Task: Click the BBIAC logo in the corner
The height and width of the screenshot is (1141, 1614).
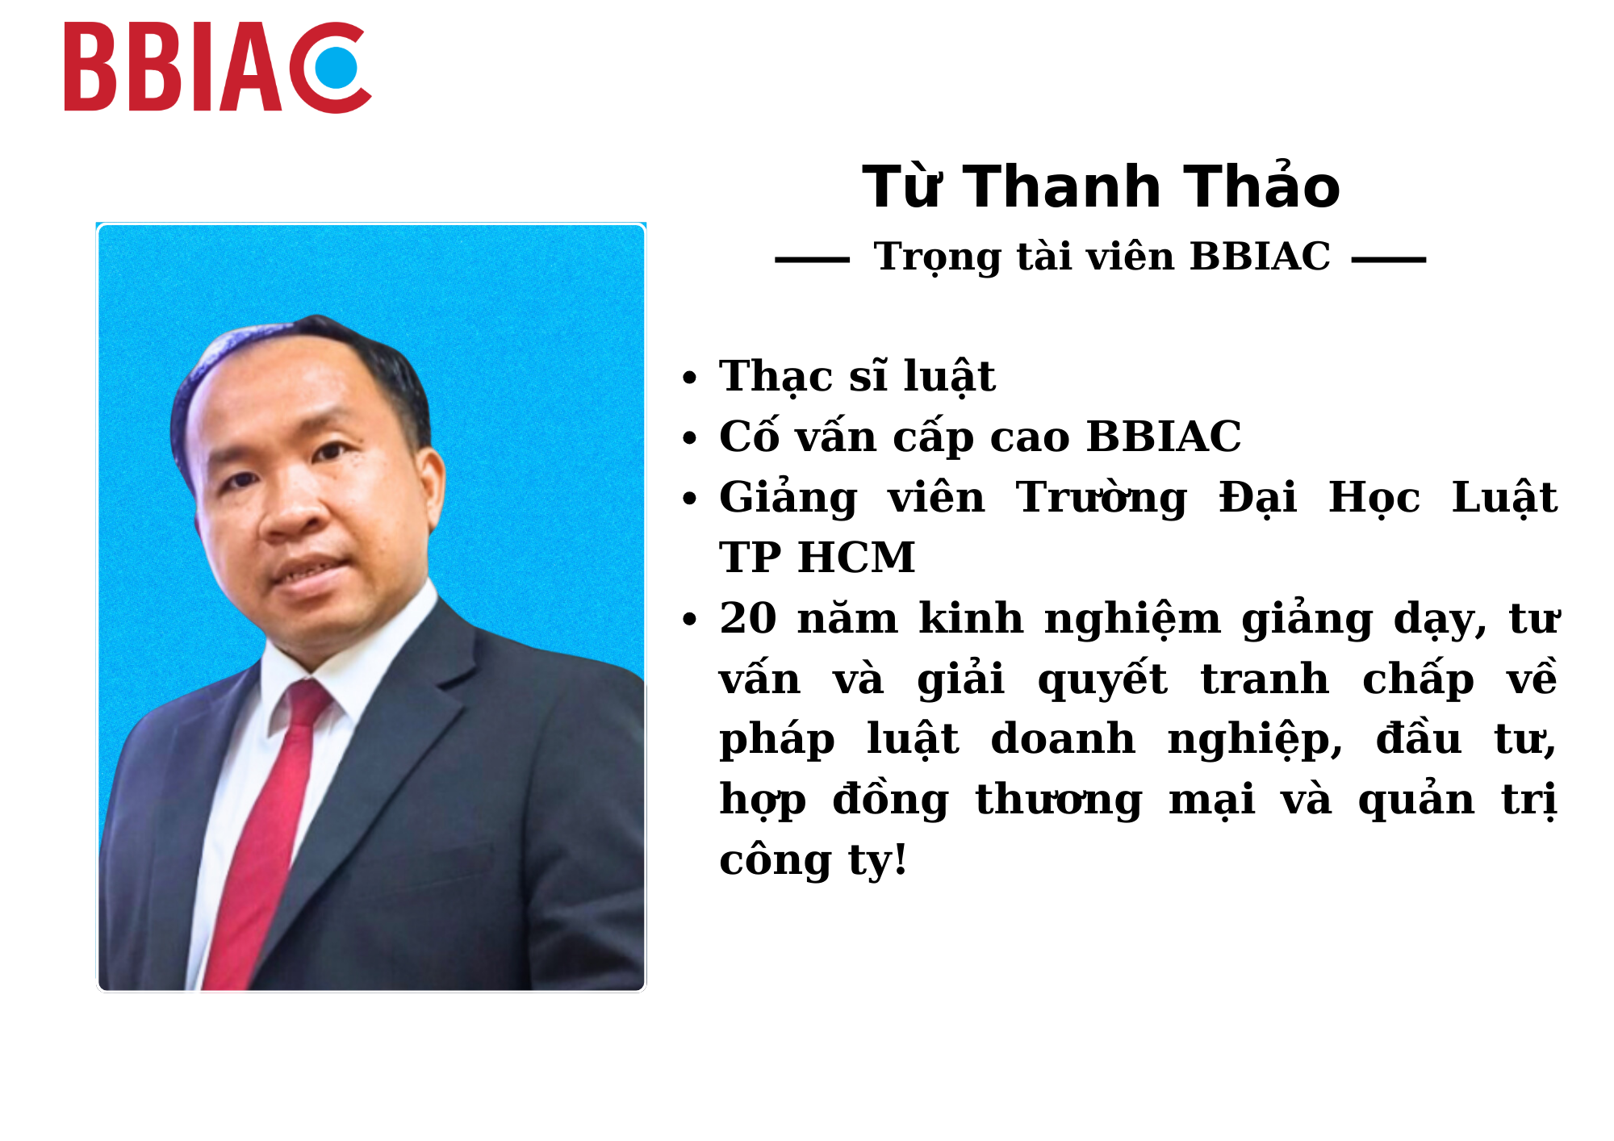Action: (218, 67)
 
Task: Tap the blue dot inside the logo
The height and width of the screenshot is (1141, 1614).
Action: (336, 67)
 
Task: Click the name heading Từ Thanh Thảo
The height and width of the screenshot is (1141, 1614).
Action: (1101, 186)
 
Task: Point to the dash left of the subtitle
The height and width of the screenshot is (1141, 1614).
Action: (812, 260)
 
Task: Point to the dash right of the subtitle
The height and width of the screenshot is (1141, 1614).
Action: (1389, 260)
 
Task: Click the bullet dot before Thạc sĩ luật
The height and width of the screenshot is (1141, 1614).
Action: (689, 378)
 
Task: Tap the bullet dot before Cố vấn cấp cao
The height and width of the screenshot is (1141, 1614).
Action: (689, 438)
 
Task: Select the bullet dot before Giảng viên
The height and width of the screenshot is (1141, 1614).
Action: (689, 499)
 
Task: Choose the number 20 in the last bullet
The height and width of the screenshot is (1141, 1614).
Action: (748, 619)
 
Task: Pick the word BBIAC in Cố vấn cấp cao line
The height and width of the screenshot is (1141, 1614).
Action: (1164, 437)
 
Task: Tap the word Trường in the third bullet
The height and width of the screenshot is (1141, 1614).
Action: (1102, 499)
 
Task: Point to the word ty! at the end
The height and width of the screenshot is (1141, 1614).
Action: (877, 861)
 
